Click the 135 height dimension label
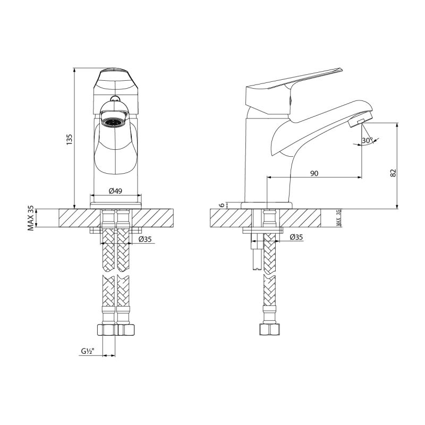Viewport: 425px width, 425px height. (69, 139)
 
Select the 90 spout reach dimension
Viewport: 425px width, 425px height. (314, 173)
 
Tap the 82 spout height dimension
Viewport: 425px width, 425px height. (393, 173)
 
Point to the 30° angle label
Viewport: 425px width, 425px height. (367, 140)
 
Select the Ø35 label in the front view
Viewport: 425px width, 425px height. (145, 240)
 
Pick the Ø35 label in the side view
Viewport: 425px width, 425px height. (296, 237)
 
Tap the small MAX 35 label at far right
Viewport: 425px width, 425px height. (338, 218)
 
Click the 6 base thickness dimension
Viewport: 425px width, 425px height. (222, 206)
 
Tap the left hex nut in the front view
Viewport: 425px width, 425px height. (108, 330)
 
